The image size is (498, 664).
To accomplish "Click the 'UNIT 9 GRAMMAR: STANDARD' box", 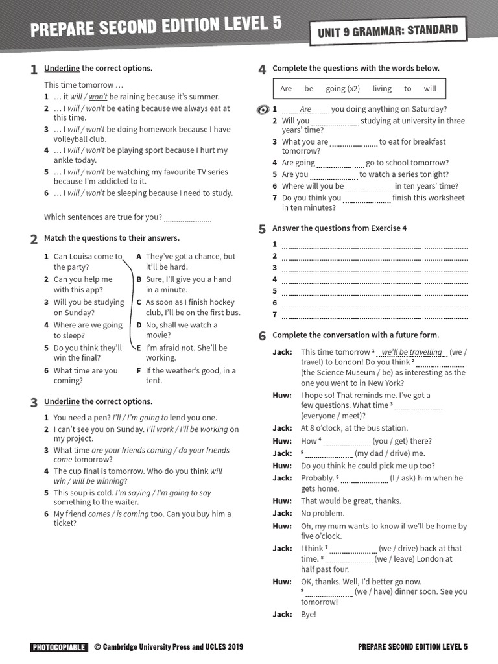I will tap(388, 30).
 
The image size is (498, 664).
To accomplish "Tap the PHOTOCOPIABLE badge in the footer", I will tap(58, 646).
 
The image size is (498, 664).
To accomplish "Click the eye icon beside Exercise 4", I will tap(263, 110).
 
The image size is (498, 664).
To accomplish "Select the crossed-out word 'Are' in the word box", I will tap(286, 89).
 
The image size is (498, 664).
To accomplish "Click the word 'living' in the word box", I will tap(382, 89).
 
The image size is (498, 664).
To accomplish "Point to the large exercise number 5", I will tap(262, 229).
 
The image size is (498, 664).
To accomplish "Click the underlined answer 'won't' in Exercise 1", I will tap(97, 97).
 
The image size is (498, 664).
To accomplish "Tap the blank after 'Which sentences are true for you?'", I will tap(188, 218).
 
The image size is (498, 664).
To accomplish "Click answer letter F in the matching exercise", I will tap(139, 371).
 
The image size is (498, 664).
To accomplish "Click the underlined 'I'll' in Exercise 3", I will tap(117, 418).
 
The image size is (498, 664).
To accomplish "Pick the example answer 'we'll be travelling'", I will tap(412, 352).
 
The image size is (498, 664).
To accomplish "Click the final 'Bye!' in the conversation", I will tap(308, 614).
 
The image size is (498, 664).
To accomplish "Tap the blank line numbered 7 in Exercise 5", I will tap(375, 315).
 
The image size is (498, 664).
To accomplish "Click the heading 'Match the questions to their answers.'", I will tap(112, 238).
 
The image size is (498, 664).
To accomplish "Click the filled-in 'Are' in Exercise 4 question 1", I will tap(305, 110).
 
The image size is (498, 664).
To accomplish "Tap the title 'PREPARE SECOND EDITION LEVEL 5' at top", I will tap(156, 27).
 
